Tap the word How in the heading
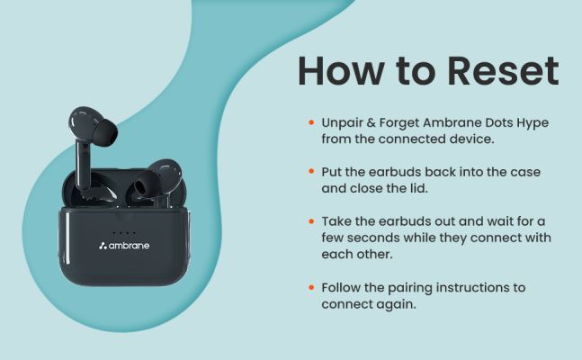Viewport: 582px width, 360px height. tap(341, 70)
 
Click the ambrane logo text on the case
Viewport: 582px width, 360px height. tap(130, 246)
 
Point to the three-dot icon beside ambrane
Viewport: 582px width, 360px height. tap(103, 246)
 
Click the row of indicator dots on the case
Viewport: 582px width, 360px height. tap(124, 233)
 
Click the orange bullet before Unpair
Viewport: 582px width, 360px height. tap(311, 122)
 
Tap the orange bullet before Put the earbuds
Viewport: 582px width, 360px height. tap(311, 172)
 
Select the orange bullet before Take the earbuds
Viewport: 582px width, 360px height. tap(311, 221)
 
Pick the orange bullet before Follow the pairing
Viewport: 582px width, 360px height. tap(311, 287)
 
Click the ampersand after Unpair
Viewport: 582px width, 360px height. tap(371, 122)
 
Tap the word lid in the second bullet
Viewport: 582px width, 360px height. tap(418, 188)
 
